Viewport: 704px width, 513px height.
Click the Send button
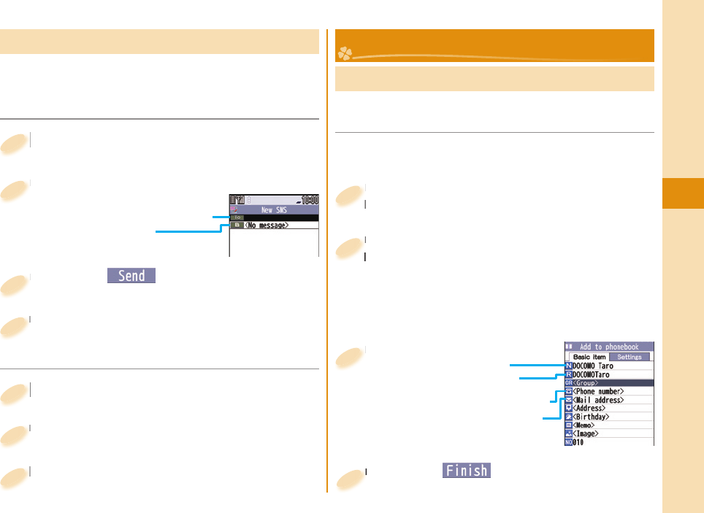(x=131, y=275)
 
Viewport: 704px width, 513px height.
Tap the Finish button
(x=466, y=471)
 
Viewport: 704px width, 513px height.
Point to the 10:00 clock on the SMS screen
(x=307, y=198)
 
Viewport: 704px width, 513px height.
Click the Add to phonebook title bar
(x=608, y=347)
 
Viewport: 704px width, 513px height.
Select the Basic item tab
(x=588, y=357)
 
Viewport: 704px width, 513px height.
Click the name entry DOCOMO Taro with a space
(x=592, y=366)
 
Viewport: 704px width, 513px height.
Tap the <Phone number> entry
(x=598, y=391)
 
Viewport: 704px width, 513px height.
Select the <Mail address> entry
(x=598, y=400)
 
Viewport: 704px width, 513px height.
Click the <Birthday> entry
(x=591, y=417)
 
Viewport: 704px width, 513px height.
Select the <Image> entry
(x=586, y=433)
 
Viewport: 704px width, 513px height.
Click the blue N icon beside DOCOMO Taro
(x=568, y=366)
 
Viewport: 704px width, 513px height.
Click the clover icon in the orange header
(x=344, y=53)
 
